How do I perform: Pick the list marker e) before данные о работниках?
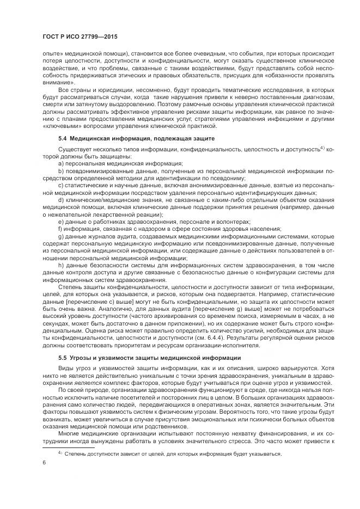click(x=61, y=222)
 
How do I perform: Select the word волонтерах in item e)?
click(x=233, y=222)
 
